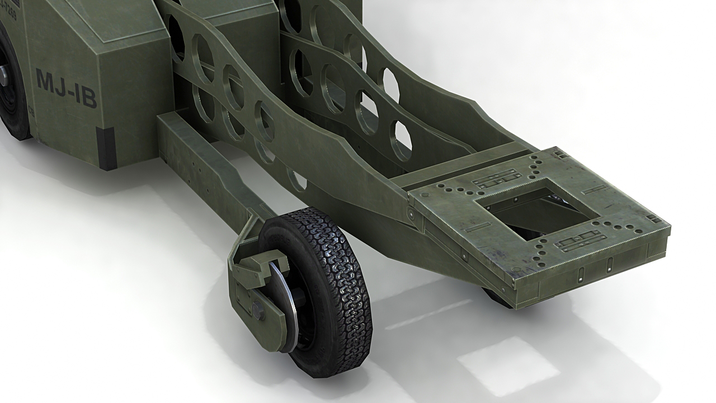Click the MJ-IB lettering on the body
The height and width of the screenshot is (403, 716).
click(67, 88)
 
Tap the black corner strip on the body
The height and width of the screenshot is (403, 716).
click(106, 148)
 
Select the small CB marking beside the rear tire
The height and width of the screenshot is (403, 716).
click(31, 111)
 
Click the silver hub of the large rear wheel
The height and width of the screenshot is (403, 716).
click(4, 76)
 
